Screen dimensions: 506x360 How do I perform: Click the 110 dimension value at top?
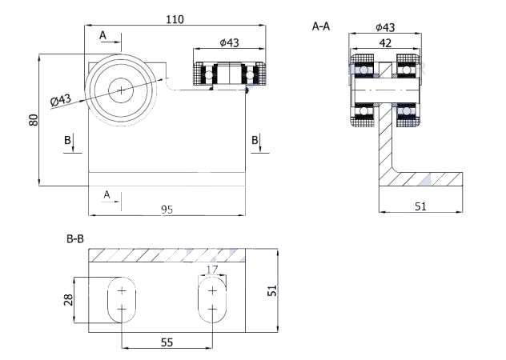[175, 20]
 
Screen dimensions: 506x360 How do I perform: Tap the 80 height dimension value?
[34, 120]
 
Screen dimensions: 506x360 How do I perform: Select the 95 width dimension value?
[167, 210]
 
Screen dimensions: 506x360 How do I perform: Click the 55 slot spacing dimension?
[167, 342]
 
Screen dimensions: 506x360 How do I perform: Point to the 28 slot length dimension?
[68, 300]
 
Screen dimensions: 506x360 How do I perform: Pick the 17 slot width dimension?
[212, 269]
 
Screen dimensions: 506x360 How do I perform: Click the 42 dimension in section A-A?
[385, 43]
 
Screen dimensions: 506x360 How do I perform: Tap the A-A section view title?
[321, 26]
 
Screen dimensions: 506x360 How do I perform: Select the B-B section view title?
[75, 239]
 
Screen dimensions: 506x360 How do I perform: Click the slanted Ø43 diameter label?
[61, 100]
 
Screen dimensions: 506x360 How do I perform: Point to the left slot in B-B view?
[122, 300]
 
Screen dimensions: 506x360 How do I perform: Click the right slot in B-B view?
[212, 300]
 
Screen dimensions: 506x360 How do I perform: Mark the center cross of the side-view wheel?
[121, 90]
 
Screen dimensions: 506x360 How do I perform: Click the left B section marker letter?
[67, 140]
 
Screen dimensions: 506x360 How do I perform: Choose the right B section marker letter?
[255, 140]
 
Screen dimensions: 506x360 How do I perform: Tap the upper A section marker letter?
[102, 35]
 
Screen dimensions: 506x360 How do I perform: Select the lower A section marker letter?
[106, 195]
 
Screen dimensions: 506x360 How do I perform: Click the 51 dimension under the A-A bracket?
[420, 206]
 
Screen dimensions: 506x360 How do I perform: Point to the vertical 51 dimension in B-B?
[273, 290]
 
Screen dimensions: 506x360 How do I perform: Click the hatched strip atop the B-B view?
[167, 255]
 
